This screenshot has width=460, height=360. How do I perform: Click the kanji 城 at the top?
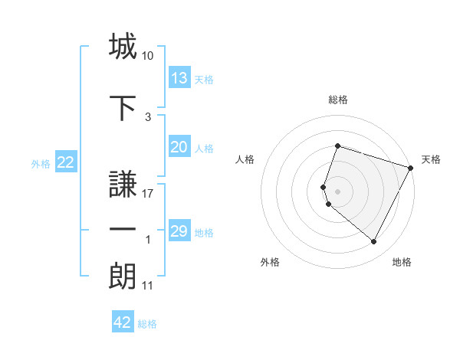(x=123, y=47)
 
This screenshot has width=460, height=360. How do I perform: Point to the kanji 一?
(x=123, y=231)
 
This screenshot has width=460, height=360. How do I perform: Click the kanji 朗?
(x=123, y=276)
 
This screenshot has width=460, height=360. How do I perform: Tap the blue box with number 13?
(x=179, y=78)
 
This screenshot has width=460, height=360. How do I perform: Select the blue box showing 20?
(x=179, y=147)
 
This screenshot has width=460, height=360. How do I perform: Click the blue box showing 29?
(x=179, y=231)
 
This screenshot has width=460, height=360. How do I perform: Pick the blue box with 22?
(x=66, y=162)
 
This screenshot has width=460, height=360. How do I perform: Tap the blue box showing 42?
(x=123, y=322)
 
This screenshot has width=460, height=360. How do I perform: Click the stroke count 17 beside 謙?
(x=148, y=194)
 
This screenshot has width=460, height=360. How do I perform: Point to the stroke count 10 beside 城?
(x=148, y=56)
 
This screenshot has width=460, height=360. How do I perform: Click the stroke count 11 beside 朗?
(x=148, y=286)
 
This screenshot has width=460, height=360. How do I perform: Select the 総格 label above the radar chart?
(x=337, y=100)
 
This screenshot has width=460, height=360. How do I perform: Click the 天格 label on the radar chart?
(x=431, y=159)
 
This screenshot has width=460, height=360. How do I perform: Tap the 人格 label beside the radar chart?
(x=245, y=159)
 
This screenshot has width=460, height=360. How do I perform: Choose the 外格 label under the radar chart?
(x=270, y=262)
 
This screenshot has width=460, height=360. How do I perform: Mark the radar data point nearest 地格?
(x=373, y=242)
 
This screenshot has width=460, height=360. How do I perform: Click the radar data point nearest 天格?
(x=411, y=168)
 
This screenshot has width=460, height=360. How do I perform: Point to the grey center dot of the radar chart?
(x=337, y=191)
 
